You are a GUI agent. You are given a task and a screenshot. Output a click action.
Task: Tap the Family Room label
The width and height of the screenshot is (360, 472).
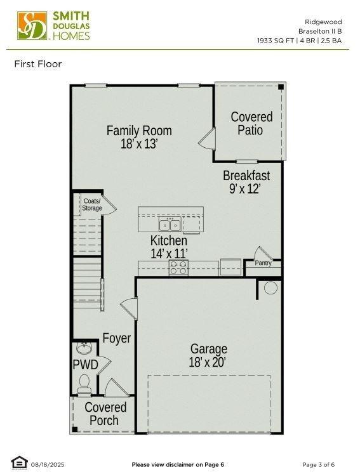139,137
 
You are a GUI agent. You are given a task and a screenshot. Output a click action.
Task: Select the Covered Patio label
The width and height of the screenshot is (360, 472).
251,123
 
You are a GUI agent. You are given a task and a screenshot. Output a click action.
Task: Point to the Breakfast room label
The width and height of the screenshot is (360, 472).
246,181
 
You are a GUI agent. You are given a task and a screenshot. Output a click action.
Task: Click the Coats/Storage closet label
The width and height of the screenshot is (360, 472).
92,204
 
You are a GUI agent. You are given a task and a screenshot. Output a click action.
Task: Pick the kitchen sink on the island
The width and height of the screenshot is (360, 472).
170,225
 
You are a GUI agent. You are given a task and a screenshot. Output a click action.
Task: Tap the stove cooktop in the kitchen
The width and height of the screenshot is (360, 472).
178,268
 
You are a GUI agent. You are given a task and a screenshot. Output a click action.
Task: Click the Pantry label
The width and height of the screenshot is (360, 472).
263,263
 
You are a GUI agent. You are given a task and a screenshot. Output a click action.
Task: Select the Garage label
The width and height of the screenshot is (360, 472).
208,355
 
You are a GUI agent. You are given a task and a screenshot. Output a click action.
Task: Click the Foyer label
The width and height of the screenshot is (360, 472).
117,338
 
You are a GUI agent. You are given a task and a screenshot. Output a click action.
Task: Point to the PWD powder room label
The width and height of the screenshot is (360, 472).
85,365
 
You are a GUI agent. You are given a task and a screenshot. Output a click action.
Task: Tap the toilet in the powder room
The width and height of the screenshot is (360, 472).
84,383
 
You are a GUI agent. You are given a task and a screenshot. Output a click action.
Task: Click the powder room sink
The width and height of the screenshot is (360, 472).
84,348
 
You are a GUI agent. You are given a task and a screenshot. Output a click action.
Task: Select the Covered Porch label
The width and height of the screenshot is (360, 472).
105,414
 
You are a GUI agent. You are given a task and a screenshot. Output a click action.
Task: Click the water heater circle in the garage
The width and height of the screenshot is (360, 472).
270,288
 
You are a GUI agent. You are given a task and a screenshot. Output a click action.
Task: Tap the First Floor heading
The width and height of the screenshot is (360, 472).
38,64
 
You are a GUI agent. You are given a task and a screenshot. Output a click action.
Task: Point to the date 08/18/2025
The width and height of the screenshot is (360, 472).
48,464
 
